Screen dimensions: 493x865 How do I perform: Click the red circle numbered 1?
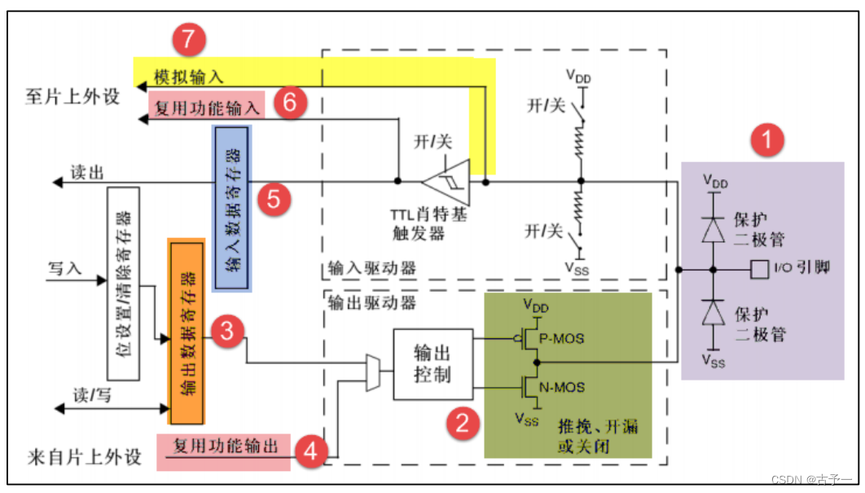click(766, 141)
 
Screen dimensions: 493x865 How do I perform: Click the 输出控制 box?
click(432, 363)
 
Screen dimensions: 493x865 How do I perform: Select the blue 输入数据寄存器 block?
click(232, 207)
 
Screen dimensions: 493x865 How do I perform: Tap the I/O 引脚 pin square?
click(759, 267)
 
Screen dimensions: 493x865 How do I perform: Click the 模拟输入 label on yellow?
click(188, 77)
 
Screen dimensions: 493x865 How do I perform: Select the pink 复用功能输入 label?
click(206, 106)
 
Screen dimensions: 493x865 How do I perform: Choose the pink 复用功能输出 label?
click(226, 447)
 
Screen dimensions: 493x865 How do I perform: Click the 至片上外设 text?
click(72, 97)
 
